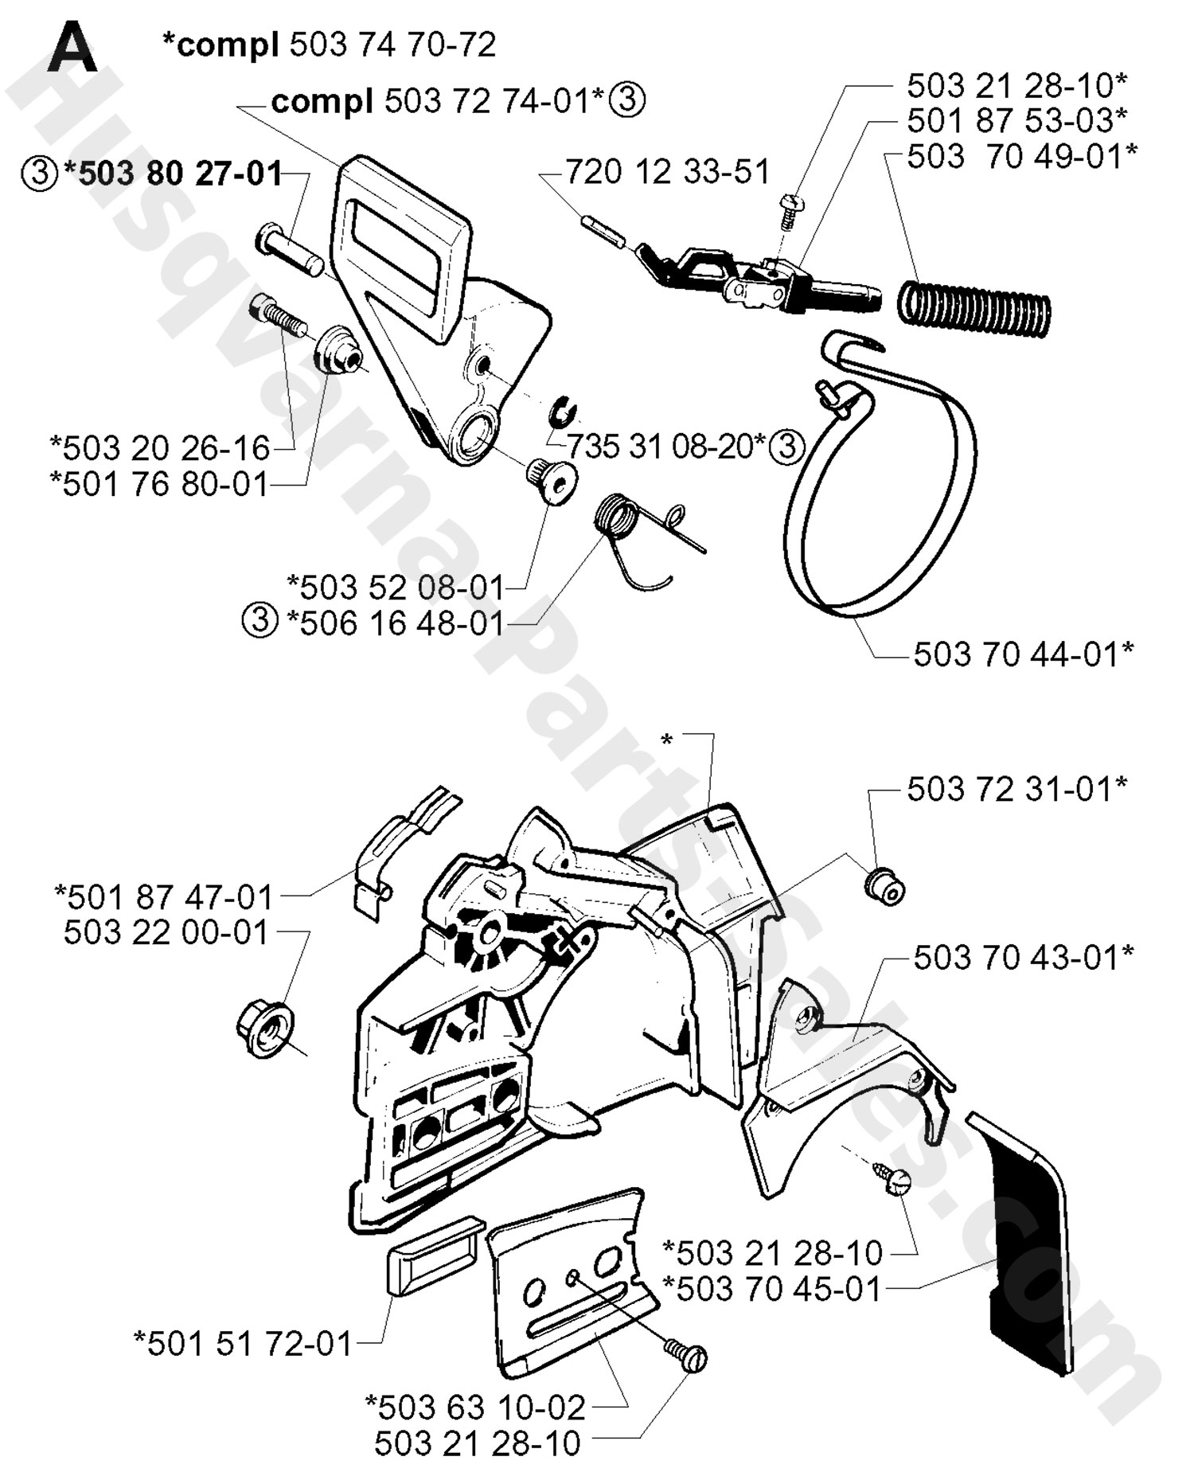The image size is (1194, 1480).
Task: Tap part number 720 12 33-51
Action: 667,172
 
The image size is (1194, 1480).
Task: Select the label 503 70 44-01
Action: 1023,654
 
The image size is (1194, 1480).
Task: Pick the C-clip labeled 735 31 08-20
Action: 564,412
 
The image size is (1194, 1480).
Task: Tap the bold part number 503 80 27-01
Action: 179,173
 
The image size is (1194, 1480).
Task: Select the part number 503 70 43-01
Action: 1023,957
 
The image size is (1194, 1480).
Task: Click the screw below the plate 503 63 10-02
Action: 686,1354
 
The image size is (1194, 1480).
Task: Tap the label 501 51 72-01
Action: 244,1343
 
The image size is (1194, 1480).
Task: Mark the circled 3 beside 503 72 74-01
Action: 627,101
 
